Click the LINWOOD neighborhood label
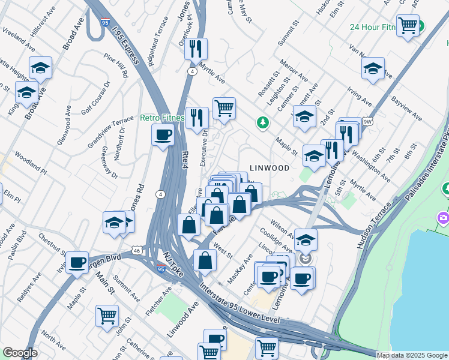coord(269,169)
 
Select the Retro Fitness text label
coord(161,118)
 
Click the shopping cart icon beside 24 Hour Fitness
coord(408,25)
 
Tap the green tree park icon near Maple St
coord(262,123)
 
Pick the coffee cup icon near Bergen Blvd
coord(77,262)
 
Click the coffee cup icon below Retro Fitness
coord(163,135)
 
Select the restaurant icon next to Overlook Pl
coord(196,49)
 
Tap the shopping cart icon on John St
coord(107,316)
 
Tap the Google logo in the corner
coord(20,353)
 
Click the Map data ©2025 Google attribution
coord(412,355)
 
